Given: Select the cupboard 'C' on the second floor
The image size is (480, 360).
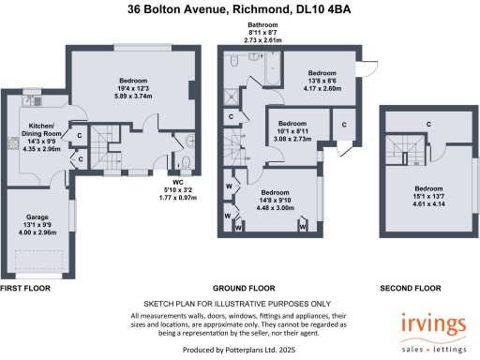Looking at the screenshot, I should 428,123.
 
